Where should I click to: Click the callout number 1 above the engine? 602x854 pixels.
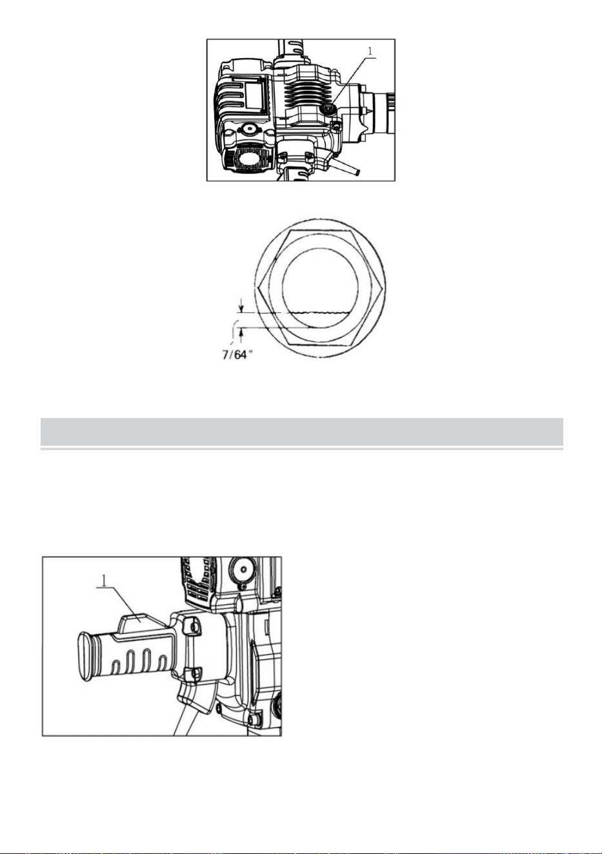[x=369, y=50]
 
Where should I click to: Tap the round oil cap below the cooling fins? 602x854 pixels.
[x=328, y=110]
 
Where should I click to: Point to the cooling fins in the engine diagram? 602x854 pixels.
[x=306, y=94]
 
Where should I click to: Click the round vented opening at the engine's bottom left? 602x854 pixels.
[x=250, y=157]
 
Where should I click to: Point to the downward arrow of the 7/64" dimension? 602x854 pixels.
[x=241, y=305]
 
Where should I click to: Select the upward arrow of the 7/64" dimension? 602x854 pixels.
[x=241, y=334]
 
